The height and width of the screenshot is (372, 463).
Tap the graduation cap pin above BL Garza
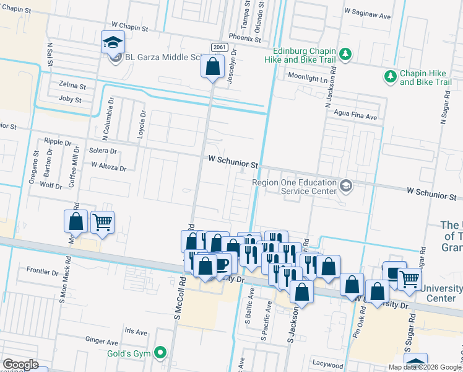(x=113, y=42)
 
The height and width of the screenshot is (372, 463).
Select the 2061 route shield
(x=218, y=47)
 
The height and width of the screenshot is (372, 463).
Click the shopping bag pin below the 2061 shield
(x=212, y=66)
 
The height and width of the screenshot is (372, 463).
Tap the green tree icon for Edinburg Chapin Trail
(x=346, y=55)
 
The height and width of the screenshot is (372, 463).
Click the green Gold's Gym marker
(x=161, y=353)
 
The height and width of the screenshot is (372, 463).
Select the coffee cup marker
(x=221, y=265)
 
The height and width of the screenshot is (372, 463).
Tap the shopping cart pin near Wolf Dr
(x=102, y=222)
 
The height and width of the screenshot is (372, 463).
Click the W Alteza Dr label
(x=108, y=166)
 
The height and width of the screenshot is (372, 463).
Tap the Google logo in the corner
(x=20, y=365)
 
